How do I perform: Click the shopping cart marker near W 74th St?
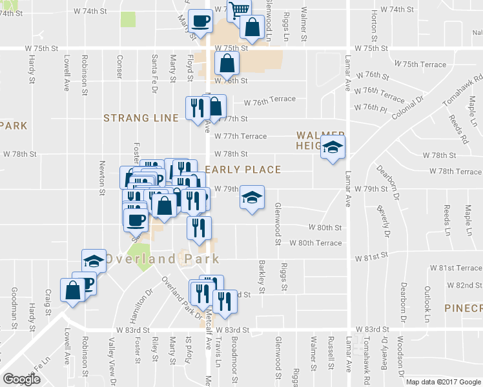tap(239, 9)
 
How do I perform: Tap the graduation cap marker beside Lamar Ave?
tap(333, 148)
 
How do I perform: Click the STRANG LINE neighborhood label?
tap(141, 118)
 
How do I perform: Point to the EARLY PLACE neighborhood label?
tap(243, 170)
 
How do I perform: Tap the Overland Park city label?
tap(162, 259)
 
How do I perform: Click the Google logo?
tap(23, 379)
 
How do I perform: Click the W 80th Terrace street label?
tap(316, 243)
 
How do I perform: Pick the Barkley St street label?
tap(262, 276)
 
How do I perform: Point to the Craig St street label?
tap(48, 301)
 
